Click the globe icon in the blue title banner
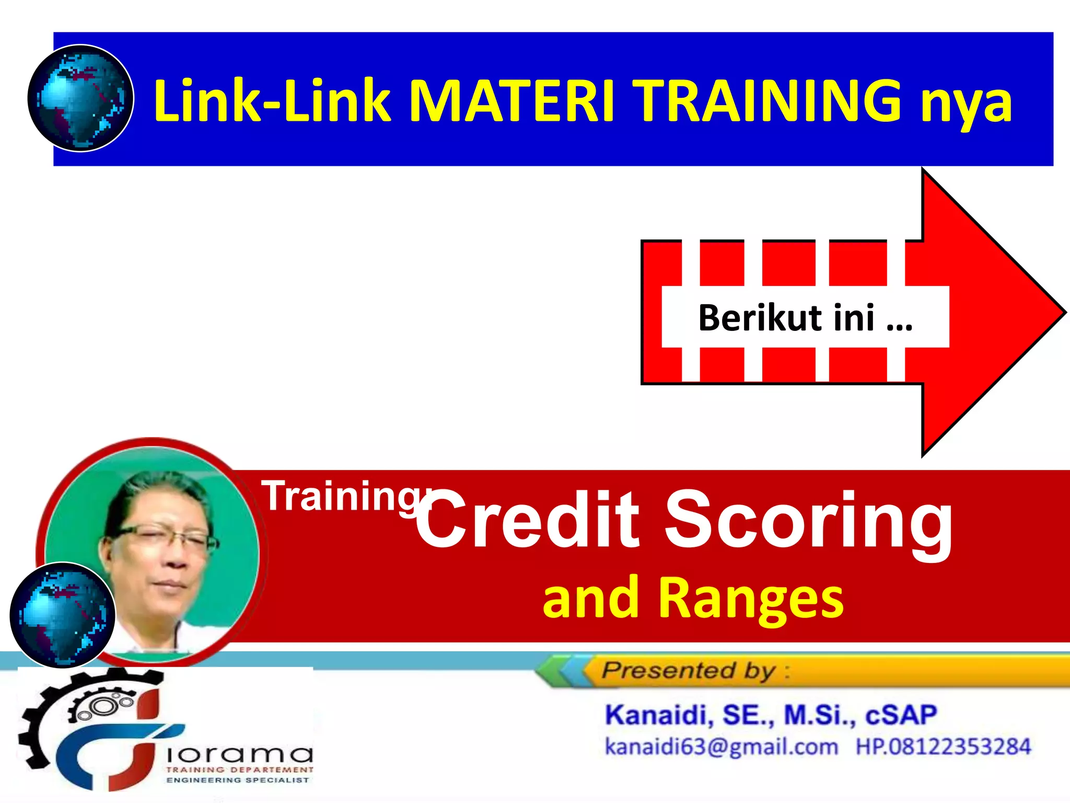click(x=80, y=98)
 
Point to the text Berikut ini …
click(x=805, y=317)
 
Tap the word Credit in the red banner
click(x=528, y=520)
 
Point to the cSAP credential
click(x=901, y=715)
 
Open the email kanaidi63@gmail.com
click(x=721, y=747)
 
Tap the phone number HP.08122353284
click(x=943, y=747)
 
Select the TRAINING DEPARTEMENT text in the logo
click(x=239, y=770)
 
